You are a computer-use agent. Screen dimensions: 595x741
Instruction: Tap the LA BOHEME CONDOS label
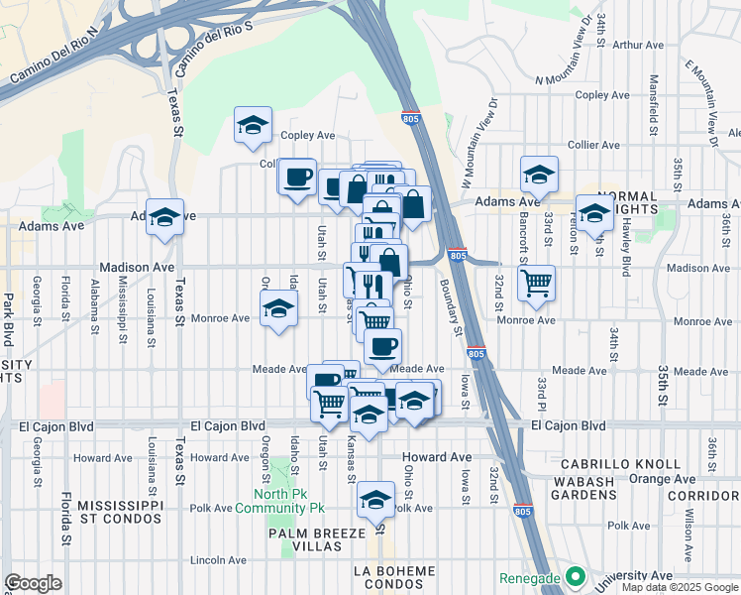(394, 578)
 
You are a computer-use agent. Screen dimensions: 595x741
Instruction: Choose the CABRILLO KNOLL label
(621, 464)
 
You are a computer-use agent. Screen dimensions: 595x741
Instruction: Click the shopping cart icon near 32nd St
(536, 282)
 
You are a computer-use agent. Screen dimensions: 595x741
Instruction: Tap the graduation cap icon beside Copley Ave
(253, 126)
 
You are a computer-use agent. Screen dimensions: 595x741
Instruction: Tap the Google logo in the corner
(33, 583)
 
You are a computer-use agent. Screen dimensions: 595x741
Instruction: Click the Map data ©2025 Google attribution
(681, 587)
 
